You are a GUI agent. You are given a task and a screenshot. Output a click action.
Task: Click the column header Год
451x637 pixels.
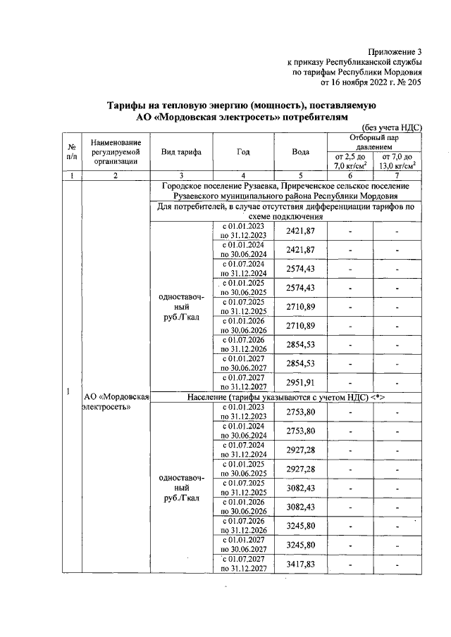click(243, 152)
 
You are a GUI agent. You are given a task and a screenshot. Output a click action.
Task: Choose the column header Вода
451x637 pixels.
click(300, 152)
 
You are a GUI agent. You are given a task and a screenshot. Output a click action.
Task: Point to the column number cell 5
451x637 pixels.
click(300, 175)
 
